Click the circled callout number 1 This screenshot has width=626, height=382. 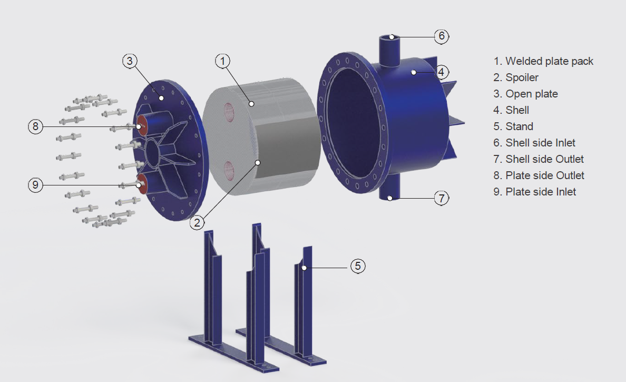[223, 61]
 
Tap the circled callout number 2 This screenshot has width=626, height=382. [197, 222]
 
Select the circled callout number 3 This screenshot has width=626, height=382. [130, 61]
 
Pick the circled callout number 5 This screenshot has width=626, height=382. [358, 266]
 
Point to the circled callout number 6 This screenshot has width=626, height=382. [442, 36]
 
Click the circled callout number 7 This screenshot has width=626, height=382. [442, 198]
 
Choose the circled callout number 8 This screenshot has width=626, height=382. [35, 126]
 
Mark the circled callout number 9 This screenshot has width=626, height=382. [35, 185]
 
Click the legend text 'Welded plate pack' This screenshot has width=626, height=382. [550, 61]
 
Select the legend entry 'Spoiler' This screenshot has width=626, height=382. [522, 77]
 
